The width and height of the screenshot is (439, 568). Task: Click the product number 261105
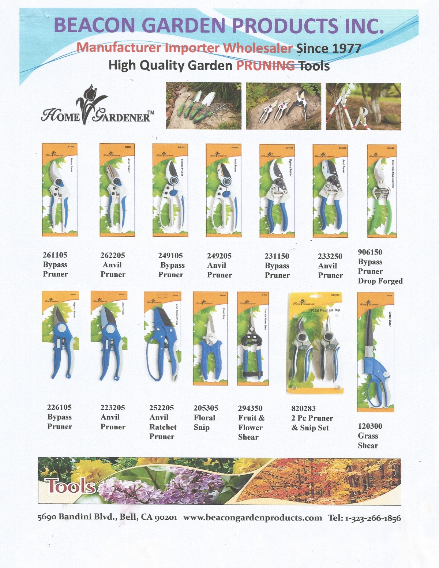click(55, 255)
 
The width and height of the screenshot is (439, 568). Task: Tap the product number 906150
click(370, 252)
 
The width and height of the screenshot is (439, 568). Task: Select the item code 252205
click(161, 407)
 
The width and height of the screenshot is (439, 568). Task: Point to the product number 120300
click(370, 426)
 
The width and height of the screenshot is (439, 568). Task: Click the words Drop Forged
click(380, 281)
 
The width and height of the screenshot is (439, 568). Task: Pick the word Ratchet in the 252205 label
click(163, 427)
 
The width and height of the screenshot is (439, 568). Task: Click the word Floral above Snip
click(204, 418)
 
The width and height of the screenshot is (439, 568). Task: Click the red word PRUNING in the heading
click(266, 66)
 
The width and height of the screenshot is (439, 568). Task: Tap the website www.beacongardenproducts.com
click(252, 518)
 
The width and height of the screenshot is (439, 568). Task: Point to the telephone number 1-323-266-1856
click(373, 518)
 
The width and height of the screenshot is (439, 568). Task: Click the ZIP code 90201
click(165, 518)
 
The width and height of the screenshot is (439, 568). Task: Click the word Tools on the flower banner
click(71, 486)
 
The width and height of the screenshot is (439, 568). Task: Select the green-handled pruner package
click(382, 191)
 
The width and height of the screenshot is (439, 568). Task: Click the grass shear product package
click(375, 352)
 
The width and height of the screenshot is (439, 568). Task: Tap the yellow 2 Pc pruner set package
click(315, 343)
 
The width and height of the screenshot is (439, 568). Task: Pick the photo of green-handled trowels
click(203, 106)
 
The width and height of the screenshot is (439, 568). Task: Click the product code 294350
click(250, 408)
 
